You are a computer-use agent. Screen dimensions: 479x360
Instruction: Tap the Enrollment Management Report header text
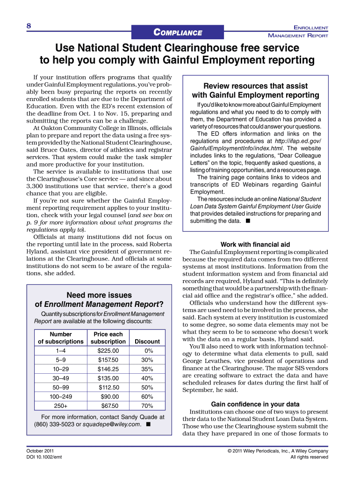click(298, 32)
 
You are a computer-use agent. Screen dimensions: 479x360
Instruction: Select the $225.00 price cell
click(108, 350)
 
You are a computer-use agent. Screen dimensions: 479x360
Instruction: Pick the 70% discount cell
click(147, 406)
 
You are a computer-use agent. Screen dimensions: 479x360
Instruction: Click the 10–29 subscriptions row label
click(60, 369)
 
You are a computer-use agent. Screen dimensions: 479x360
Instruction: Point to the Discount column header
click(147, 341)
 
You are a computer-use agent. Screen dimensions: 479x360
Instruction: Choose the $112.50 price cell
click(108, 387)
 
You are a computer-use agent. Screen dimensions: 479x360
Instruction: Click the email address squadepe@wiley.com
click(112, 424)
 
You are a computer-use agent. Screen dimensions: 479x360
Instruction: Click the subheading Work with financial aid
click(255, 244)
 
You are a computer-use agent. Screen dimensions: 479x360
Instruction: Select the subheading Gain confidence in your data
click(255, 404)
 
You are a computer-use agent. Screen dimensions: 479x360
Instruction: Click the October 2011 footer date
click(40, 451)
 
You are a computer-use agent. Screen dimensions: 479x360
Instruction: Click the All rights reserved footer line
click(309, 457)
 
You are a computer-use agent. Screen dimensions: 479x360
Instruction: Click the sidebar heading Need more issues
click(99, 295)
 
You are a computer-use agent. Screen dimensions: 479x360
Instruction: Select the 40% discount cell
click(147, 378)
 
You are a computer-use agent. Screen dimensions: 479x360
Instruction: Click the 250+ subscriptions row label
click(60, 406)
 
